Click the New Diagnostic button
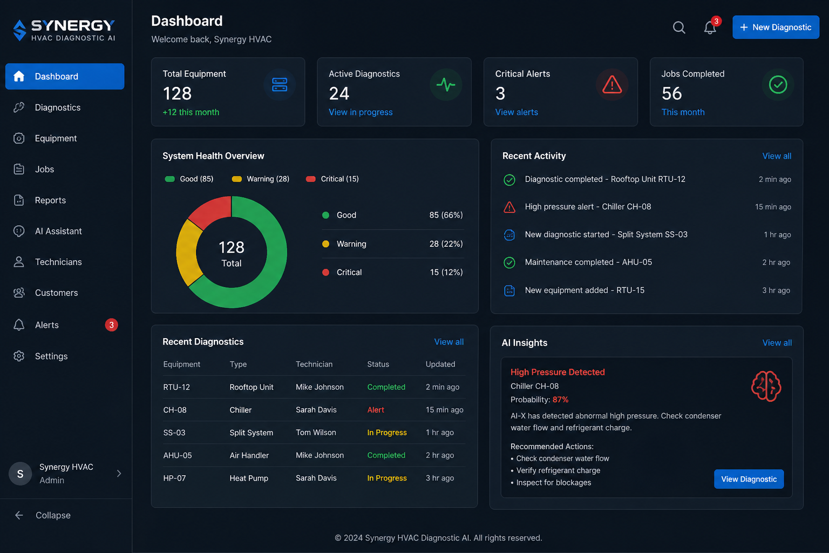click(776, 27)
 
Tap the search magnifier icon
click(679, 28)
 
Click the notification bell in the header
click(710, 28)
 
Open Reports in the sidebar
click(50, 200)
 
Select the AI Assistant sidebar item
click(58, 231)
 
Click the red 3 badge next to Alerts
click(111, 325)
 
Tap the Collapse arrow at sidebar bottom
click(19, 515)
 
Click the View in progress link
click(361, 112)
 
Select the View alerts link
click(517, 112)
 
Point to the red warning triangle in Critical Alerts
click(611, 84)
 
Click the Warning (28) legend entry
click(261, 179)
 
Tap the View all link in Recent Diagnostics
click(449, 341)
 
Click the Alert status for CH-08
click(375, 410)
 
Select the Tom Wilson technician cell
click(316, 432)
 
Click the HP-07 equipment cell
click(174, 478)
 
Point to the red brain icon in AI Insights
click(766, 386)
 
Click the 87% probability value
click(560, 399)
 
